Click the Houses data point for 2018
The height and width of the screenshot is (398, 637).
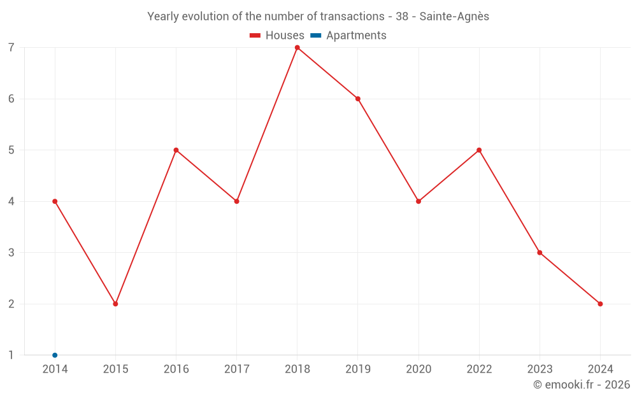297,48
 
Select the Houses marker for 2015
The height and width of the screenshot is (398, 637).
115,304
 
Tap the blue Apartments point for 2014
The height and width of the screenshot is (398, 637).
55,355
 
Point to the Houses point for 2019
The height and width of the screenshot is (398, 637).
358,99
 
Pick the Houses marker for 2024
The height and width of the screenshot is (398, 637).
600,304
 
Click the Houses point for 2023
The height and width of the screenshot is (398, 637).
540,253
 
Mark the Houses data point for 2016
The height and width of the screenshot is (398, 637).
176,150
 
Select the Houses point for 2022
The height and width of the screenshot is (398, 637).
479,150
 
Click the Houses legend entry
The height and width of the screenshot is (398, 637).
277,36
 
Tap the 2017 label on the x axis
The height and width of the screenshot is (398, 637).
236,369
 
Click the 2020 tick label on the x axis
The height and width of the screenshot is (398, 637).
419,369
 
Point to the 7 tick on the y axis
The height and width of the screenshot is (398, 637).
11,48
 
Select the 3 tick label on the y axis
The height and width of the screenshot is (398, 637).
11,253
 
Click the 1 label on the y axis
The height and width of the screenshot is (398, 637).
11,355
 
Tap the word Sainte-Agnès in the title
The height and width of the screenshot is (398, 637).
454,17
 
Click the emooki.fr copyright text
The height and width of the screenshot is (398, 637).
582,385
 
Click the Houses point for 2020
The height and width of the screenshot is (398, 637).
419,201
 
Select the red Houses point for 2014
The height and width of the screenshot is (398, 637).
55,201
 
